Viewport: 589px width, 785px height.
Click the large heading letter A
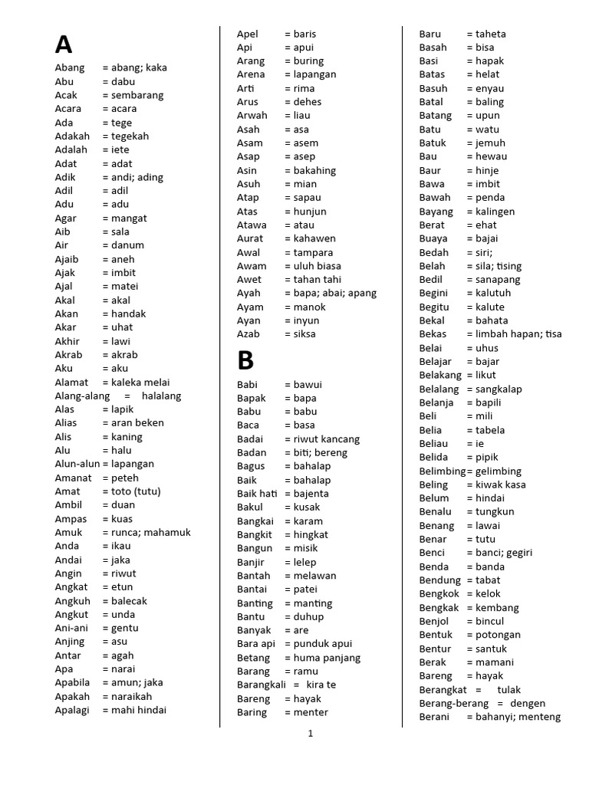(x=63, y=44)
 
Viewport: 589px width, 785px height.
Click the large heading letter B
(x=245, y=360)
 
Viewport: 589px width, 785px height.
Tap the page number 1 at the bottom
(x=311, y=734)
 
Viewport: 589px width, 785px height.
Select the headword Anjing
(x=70, y=642)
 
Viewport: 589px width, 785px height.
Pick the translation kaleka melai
(x=140, y=383)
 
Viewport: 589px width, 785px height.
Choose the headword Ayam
(x=249, y=307)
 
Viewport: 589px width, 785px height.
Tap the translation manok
(x=309, y=307)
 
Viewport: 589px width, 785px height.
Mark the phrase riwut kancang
(x=327, y=439)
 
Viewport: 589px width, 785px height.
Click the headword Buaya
(x=433, y=238)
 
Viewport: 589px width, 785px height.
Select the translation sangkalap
(x=499, y=389)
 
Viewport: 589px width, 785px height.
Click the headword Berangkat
(x=443, y=690)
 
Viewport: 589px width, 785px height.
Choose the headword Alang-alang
(x=80, y=396)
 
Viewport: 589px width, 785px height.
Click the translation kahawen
(x=314, y=238)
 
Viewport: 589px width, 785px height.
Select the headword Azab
(x=248, y=334)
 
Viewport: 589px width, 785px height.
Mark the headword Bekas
(x=433, y=334)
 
